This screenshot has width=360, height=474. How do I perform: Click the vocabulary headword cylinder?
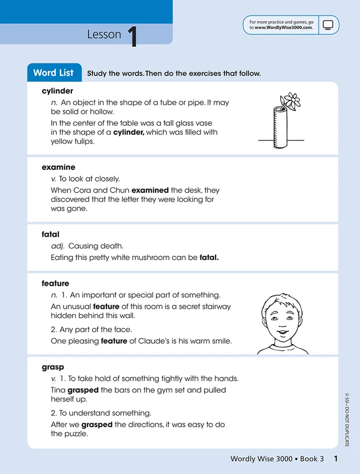coord(57,91)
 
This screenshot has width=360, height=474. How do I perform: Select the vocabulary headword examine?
coord(58,167)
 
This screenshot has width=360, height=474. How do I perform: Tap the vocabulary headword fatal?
coord(50,234)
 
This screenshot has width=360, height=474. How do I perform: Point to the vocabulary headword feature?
coord(55,284)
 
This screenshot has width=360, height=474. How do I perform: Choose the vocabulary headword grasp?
coord(53,367)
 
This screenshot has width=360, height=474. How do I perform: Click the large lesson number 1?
coord(132,35)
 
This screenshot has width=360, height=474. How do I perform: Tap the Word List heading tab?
coord(53,73)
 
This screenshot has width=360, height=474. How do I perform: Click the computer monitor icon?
coord(328,25)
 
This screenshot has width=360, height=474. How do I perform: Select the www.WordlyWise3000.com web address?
coord(284,27)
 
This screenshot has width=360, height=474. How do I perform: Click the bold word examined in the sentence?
coord(150,190)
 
